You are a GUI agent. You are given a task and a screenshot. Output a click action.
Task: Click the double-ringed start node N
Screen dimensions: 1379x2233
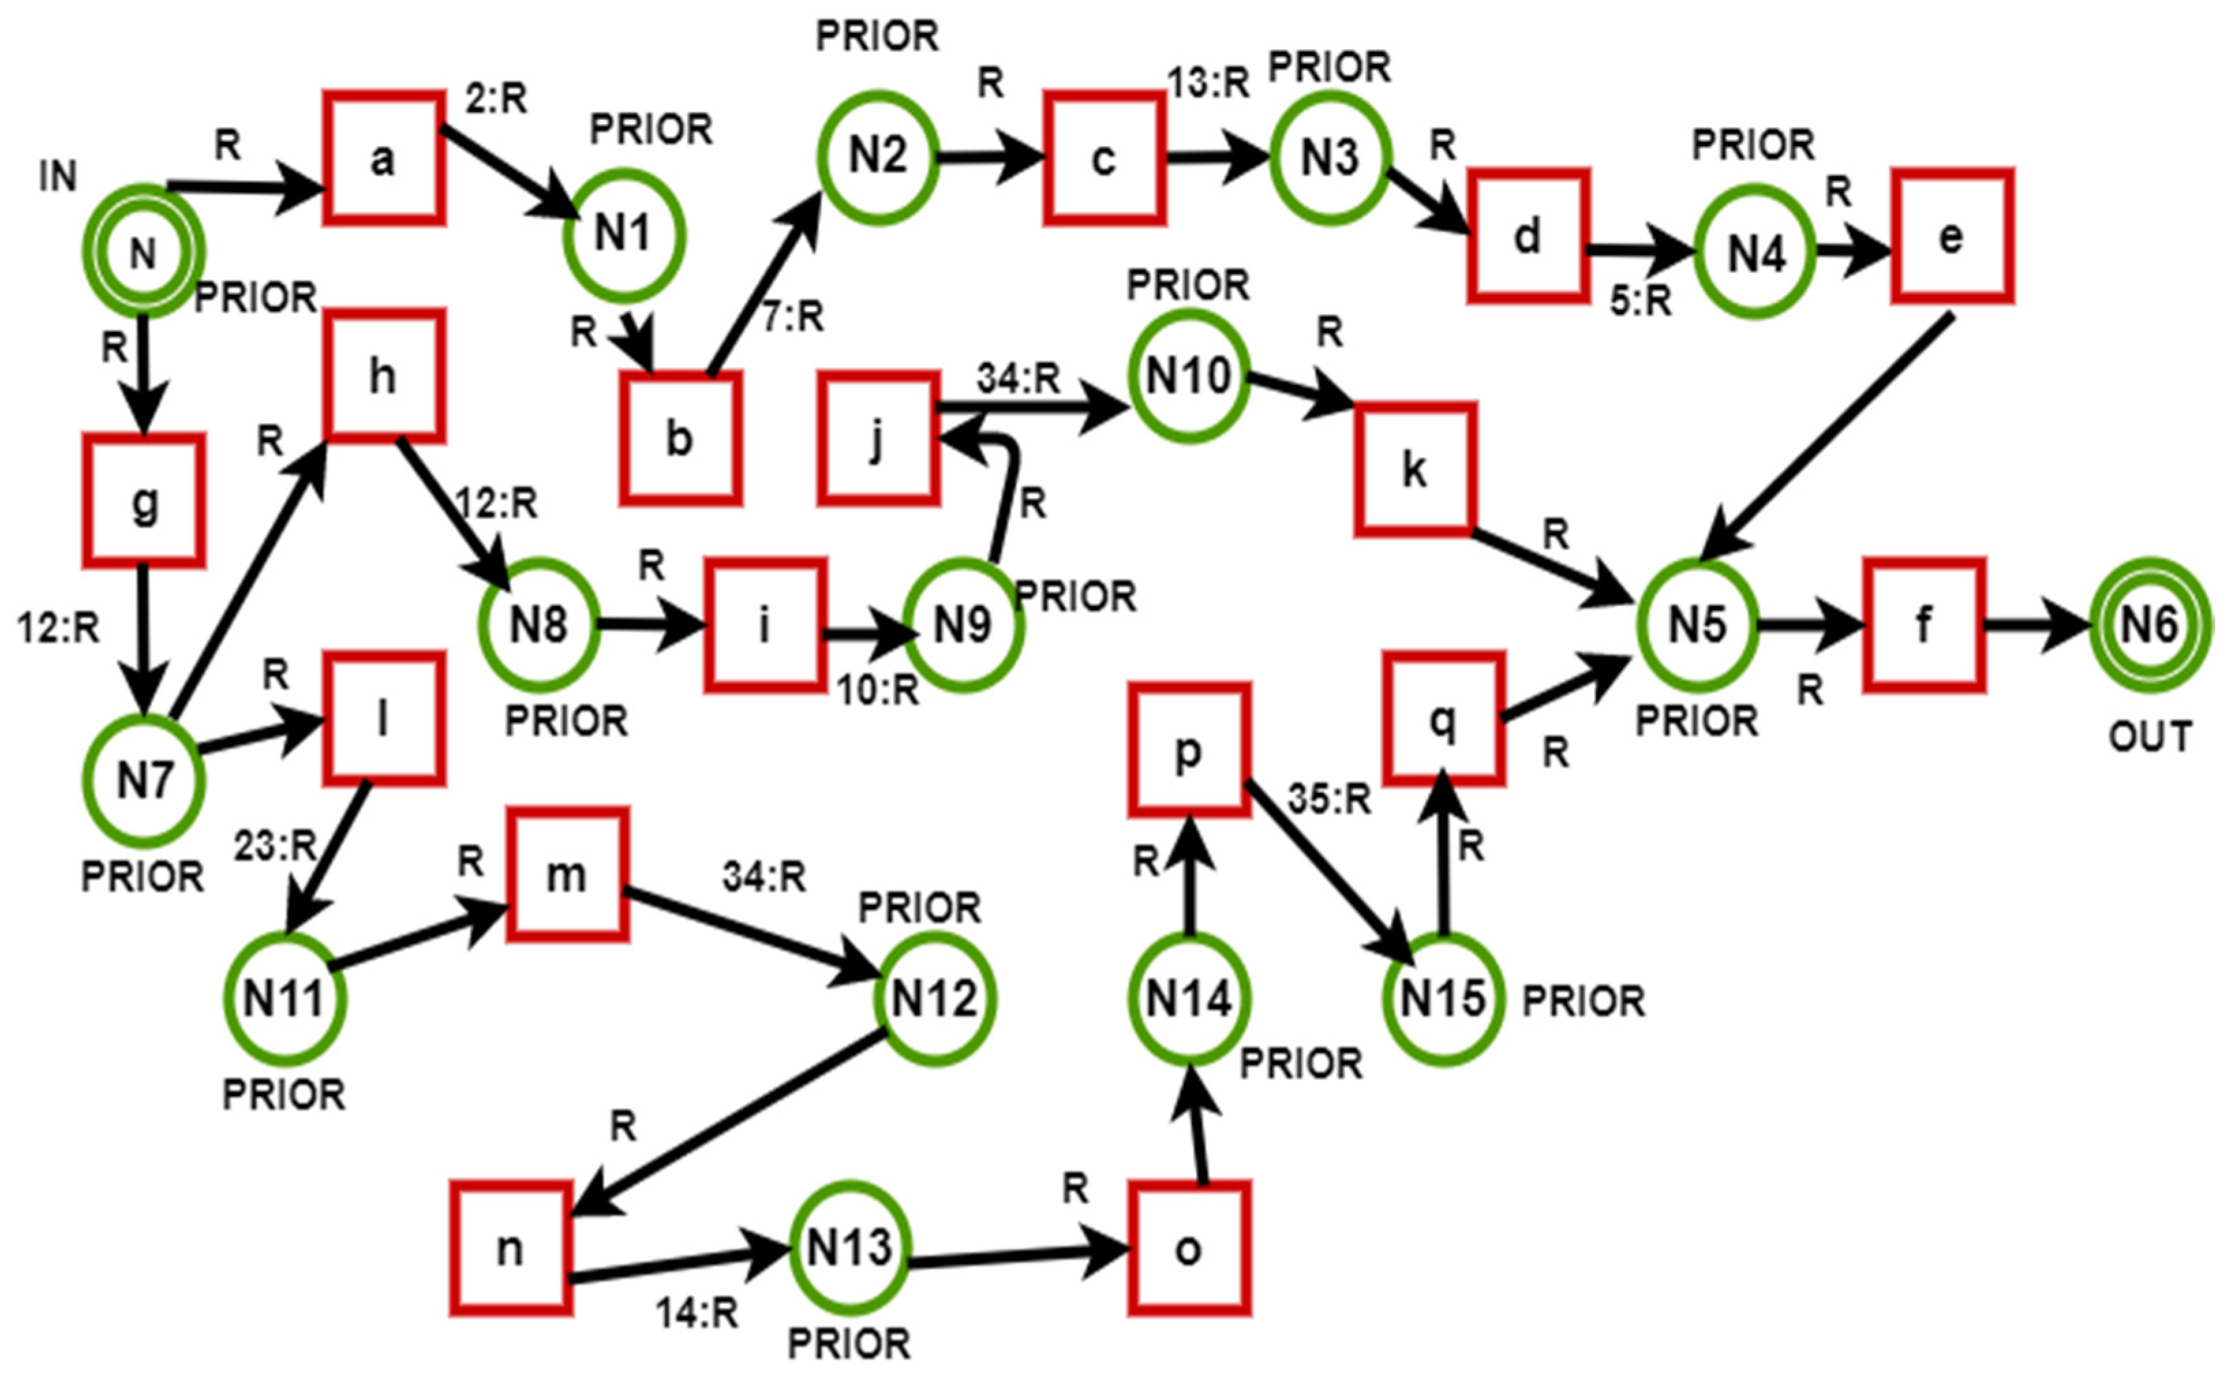point(143,252)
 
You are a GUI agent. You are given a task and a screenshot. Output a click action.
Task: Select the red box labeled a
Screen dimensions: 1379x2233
point(384,158)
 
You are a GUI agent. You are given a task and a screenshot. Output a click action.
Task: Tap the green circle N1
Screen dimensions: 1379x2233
point(624,235)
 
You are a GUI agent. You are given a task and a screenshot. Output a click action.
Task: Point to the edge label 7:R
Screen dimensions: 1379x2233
point(792,317)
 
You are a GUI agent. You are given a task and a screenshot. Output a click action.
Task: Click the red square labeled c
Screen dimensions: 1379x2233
point(1103,158)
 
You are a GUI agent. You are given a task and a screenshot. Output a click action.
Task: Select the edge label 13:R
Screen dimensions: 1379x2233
point(1208,83)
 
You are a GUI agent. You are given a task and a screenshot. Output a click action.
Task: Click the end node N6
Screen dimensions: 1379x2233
point(2148,625)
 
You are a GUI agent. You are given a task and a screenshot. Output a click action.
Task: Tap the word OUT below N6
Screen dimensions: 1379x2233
point(2149,737)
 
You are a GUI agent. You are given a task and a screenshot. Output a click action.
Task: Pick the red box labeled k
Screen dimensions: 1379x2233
point(1414,469)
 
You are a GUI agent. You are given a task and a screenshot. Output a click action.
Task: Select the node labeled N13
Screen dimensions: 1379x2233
point(849,1247)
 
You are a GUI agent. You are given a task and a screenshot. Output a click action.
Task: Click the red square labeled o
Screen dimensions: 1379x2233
point(1188,1249)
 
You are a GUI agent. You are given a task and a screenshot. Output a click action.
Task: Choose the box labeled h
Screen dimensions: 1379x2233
point(384,376)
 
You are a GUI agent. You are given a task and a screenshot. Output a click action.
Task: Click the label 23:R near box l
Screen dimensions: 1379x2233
point(274,846)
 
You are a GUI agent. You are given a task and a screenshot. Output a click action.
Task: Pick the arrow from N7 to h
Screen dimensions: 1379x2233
point(246,583)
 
